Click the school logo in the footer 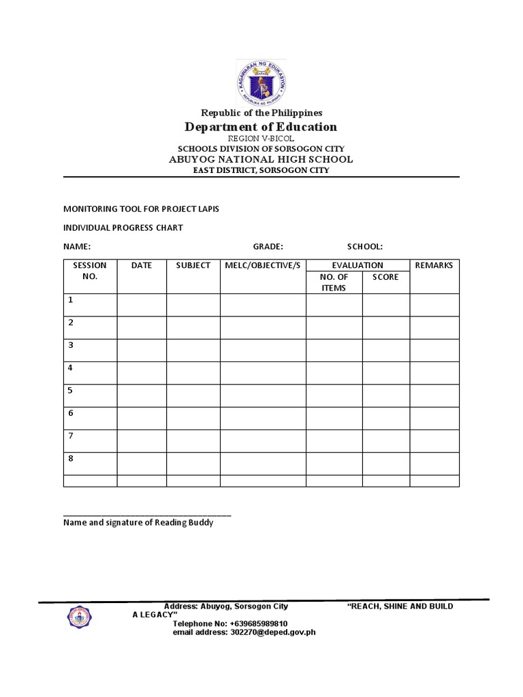80,617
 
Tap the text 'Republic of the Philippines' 261,112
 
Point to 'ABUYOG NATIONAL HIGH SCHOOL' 261,159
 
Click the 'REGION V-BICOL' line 261,138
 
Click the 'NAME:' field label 77,246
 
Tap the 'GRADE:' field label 268,246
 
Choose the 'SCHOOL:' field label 365,246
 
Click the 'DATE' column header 142,265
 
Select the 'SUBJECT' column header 193,265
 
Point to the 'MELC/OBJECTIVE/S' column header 263,265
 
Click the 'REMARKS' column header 434,265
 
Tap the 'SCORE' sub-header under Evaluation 385,277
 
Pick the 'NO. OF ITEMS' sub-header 334,282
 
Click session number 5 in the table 70,391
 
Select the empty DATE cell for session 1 142,305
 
